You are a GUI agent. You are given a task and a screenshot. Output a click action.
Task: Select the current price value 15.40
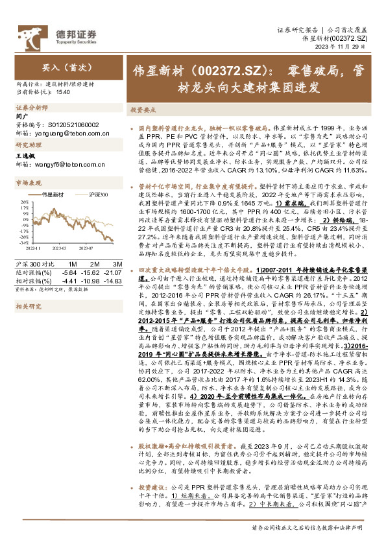63,93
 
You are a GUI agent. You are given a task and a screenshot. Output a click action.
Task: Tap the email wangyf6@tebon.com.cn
62,164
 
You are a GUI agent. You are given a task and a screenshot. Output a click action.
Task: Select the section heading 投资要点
143,110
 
